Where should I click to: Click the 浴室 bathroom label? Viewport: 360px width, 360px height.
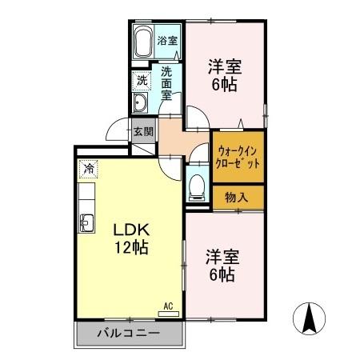166,40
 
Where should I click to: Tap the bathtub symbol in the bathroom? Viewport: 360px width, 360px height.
143,42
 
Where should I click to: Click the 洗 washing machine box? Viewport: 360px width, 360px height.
141,80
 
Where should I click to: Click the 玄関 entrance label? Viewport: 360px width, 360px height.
142,131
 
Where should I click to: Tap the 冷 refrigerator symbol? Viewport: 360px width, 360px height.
88,169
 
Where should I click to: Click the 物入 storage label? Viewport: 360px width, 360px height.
236,197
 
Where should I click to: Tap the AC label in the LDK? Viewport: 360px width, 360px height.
169,305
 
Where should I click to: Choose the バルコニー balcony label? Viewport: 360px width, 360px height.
128,333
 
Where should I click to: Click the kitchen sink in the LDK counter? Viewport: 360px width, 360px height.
86,219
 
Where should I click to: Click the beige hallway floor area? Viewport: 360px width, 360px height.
180,141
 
